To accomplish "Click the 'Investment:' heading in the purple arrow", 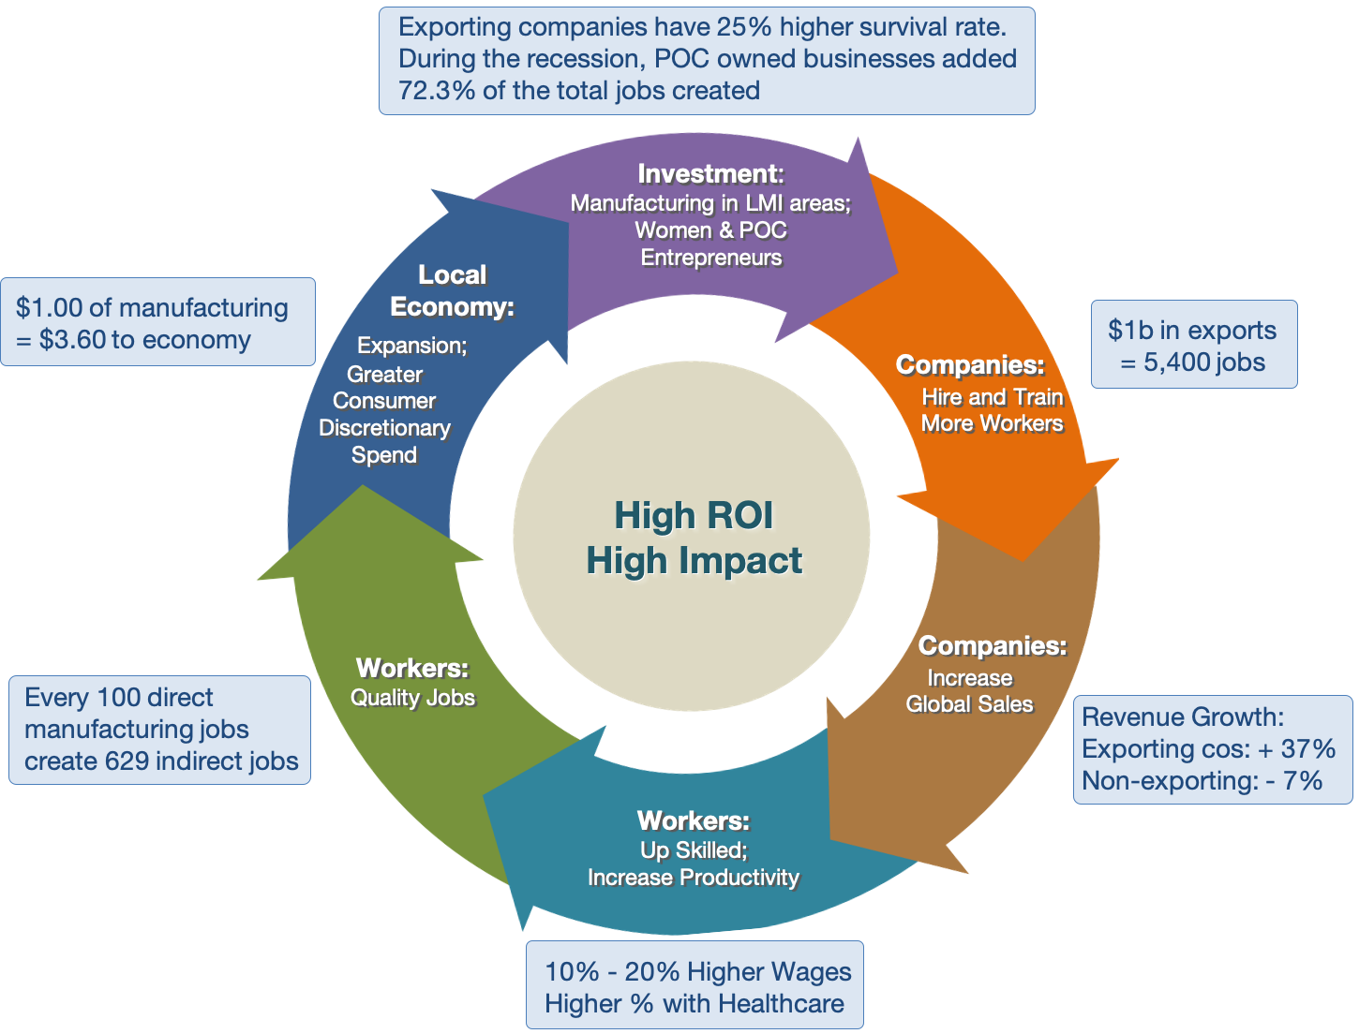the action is click(710, 174).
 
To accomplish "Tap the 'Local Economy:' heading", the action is click(452, 290).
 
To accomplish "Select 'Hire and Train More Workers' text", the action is click(992, 410).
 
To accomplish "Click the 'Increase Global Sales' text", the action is click(969, 691).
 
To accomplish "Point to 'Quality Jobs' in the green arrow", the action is click(412, 698).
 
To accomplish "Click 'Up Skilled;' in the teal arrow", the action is click(694, 849).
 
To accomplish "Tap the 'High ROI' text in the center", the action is click(694, 514).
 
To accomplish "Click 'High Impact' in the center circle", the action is click(694, 560).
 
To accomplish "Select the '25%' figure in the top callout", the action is click(743, 26).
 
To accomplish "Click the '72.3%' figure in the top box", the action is click(436, 90).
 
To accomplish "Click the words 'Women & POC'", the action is click(710, 230).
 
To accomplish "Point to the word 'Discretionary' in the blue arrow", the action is click(384, 428).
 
